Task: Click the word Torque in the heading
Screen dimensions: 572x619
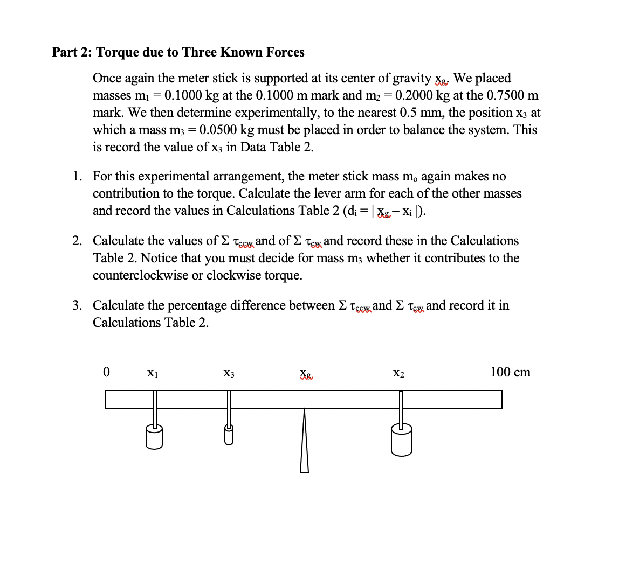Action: (x=118, y=52)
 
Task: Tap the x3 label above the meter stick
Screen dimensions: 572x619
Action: (x=229, y=373)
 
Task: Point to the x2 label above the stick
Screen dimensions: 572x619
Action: (x=398, y=373)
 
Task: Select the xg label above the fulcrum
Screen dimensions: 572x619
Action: (x=306, y=373)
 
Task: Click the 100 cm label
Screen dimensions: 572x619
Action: (x=510, y=372)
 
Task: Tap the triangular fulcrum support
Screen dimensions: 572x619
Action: (x=304, y=442)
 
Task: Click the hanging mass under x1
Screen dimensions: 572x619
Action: (x=154, y=437)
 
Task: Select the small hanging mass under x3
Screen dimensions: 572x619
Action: (x=229, y=435)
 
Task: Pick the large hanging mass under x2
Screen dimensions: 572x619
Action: (x=401, y=439)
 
